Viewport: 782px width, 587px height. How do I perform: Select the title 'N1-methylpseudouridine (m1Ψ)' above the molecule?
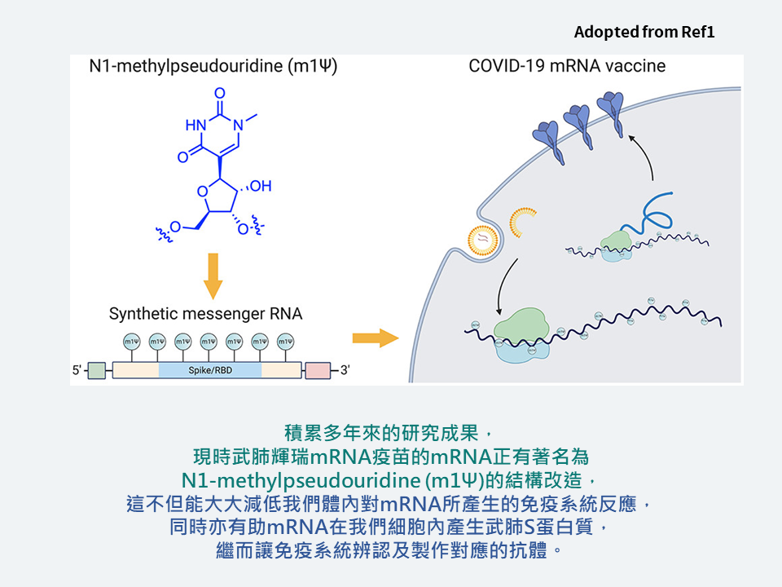213,66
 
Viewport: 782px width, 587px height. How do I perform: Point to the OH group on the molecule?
260,187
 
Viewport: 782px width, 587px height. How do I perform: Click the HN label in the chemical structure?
195,125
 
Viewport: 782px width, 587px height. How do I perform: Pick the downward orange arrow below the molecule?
213,277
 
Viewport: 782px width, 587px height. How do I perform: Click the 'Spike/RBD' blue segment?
210,370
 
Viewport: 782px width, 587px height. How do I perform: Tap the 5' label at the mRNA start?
77,371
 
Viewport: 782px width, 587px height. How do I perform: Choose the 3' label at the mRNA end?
344,371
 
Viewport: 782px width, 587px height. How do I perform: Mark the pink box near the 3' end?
319,371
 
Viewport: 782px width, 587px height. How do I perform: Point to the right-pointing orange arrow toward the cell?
376,338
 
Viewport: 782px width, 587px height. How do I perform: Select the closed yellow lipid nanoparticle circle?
483,238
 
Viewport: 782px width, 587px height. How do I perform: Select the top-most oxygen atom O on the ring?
218,92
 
